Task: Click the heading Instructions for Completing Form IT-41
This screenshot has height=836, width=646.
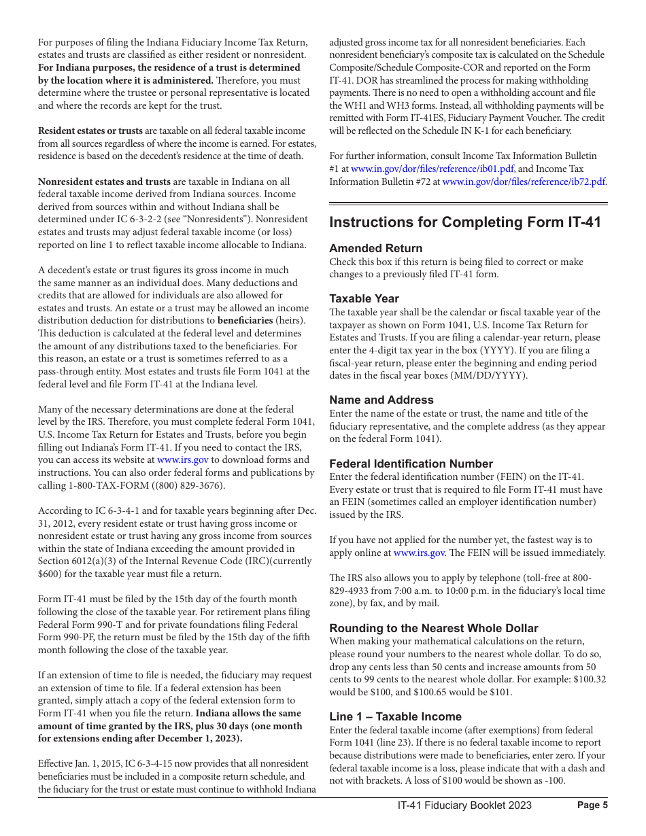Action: coord(465,222)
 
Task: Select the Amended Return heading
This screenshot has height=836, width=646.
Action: coord(375,248)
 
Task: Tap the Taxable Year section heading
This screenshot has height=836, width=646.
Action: coord(364,298)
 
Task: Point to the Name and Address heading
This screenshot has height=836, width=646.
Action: coord(381,400)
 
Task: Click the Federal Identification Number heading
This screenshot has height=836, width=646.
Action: coord(411,464)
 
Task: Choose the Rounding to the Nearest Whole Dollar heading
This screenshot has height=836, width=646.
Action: coord(433,628)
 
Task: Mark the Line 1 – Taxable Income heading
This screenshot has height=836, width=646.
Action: coord(395,716)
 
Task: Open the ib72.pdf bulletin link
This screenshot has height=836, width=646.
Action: coord(524,182)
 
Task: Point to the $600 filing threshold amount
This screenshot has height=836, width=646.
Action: coord(50,574)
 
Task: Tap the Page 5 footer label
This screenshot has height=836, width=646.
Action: coord(592,805)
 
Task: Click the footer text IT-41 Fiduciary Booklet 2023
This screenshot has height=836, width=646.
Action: coord(464,805)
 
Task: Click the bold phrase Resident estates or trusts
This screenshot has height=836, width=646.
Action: coord(90,130)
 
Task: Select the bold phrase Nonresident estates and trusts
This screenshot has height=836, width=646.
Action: coord(104,181)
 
